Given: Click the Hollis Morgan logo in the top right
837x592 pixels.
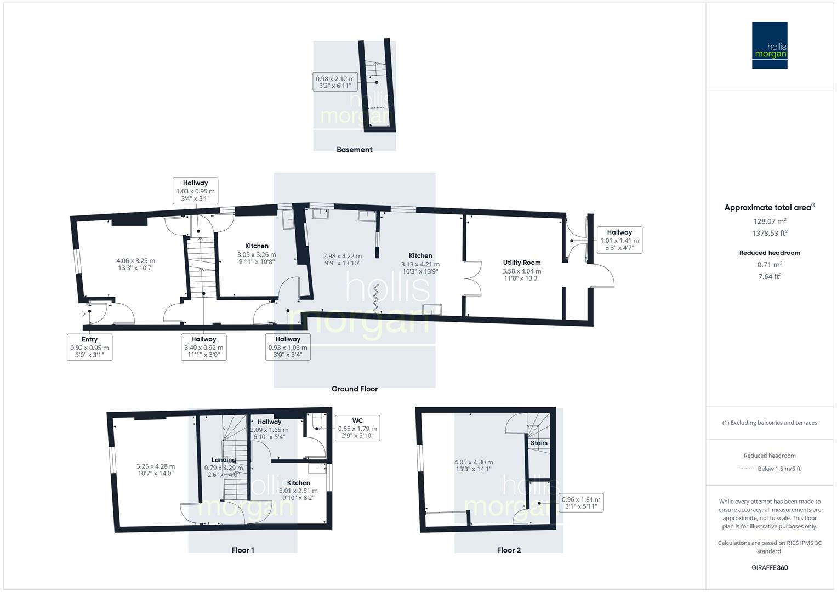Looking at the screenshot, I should pos(769,45).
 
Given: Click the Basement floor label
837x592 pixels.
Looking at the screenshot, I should pos(354,149).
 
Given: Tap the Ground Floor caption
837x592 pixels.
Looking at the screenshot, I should pos(354,389).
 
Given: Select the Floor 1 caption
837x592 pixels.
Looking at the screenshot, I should pos(243,550).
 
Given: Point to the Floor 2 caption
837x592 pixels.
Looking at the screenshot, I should pos(509,550).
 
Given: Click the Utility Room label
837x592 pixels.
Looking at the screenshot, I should pos(522,263).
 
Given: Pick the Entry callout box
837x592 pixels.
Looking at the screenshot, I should pos(89,347).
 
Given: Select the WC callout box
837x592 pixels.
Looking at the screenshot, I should pos(357,428).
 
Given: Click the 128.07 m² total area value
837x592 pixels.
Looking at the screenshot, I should pos(770,221).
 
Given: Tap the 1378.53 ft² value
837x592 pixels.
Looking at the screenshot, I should pos(770,233).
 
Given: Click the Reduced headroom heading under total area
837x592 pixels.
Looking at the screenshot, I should pos(770,253).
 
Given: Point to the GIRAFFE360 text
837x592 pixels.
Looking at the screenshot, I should pos(770,567).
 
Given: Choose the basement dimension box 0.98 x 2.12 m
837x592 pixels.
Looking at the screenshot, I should pos(335,82).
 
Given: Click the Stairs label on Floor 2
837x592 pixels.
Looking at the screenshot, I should pos(539,443).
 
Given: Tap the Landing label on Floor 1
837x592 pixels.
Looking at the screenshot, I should pos(224,460).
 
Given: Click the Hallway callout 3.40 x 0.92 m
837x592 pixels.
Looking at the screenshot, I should pos(203,347).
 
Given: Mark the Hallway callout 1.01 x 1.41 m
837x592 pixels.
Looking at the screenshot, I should pos(619,240).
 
